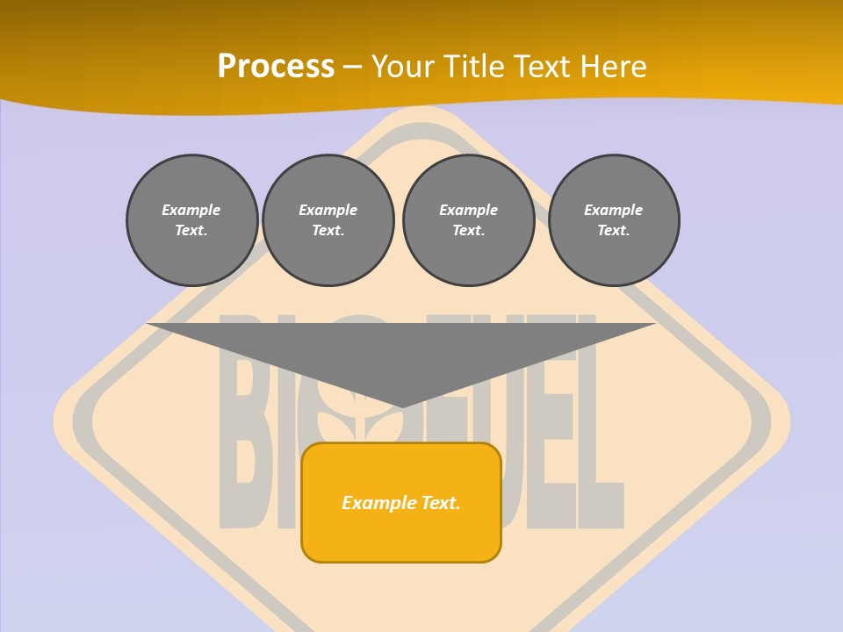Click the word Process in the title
(x=276, y=66)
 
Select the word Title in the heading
(x=476, y=66)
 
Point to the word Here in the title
(x=615, y=66)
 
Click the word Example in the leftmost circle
(x=191, y=210)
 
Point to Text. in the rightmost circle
(x=614, y=230)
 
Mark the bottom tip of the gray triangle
(x=401, y=406)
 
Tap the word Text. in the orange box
(x=442, y=503)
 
